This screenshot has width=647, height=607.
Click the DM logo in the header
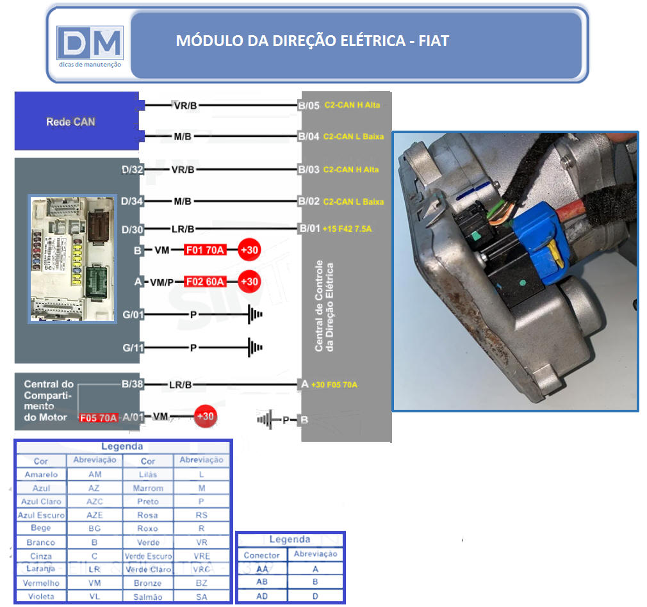89,44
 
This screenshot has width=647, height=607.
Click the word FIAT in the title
434,41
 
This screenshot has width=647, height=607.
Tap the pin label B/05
309,105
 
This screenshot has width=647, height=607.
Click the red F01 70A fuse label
205,250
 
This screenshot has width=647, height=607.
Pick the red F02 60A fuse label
205,281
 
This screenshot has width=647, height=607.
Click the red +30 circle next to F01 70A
249,250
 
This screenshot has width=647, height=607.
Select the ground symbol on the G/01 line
255,315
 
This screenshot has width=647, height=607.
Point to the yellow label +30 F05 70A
334,385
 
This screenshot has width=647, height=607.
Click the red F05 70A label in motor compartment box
99,418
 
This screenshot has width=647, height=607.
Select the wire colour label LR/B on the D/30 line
182,229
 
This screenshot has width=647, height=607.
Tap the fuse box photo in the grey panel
72,259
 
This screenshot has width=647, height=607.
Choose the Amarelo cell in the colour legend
41,474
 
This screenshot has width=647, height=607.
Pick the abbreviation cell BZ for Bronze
201,583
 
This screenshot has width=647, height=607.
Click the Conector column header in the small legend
261,555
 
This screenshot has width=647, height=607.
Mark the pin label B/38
133,384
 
